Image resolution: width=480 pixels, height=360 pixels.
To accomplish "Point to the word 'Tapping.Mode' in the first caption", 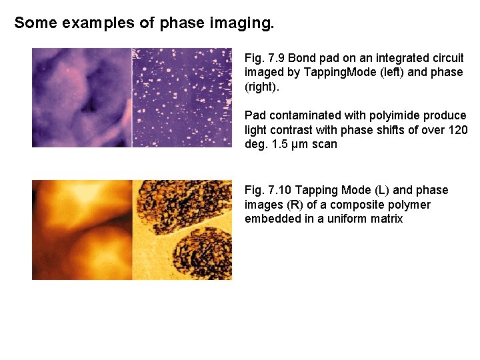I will click(319, 72).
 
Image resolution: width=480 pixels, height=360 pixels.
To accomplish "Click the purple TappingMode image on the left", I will click(81, 97).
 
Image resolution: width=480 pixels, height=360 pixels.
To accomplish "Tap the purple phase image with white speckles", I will click(182, 97).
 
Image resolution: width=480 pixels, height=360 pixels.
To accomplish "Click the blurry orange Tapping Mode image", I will click(81, 229).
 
